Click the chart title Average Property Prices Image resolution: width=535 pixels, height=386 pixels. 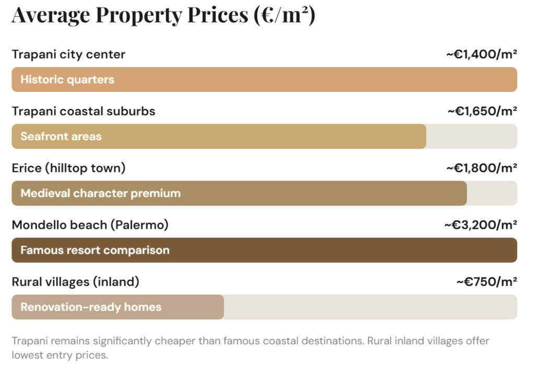[163, 15]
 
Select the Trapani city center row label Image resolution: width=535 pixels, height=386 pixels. [68, 54]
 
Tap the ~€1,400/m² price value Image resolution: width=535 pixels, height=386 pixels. [481, 54]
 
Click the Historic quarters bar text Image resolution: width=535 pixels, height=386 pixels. [67, 80]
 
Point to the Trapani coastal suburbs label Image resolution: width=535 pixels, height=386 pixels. [83, 111]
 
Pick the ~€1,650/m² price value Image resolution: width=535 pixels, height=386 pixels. [482, 111]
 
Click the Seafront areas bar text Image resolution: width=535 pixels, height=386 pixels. [61, 137]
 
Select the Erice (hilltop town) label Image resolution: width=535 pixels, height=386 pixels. [68, 168]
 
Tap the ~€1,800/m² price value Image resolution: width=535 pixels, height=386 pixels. [481, 168]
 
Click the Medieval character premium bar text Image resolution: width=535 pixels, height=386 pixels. [100, 193]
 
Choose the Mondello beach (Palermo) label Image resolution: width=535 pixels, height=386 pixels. [90, 225]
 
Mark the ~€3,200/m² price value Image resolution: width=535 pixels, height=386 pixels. [480, 225]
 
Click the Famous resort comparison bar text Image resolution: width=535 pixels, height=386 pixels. [95, 250]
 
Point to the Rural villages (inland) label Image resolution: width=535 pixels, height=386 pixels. [75, 282]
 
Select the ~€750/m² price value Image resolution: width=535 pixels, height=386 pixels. [486, 282]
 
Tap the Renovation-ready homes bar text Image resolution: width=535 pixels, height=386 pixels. [91, 307]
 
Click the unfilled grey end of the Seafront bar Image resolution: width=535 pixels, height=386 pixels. [471, 137]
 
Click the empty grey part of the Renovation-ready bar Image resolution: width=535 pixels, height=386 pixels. [370, 307]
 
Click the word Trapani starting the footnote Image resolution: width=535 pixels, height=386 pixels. [29, 341]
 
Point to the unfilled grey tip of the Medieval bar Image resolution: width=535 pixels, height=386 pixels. [492, 193]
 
